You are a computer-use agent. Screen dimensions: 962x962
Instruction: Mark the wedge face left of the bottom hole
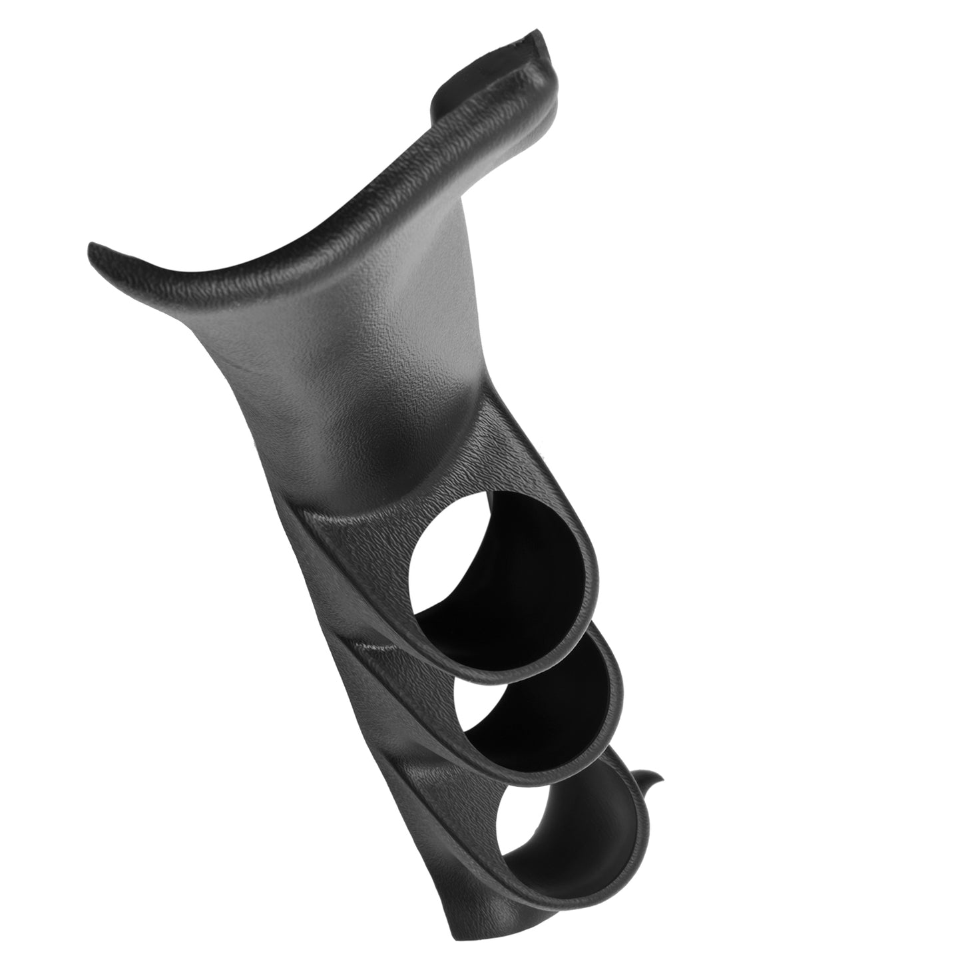[x=459, y=819]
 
